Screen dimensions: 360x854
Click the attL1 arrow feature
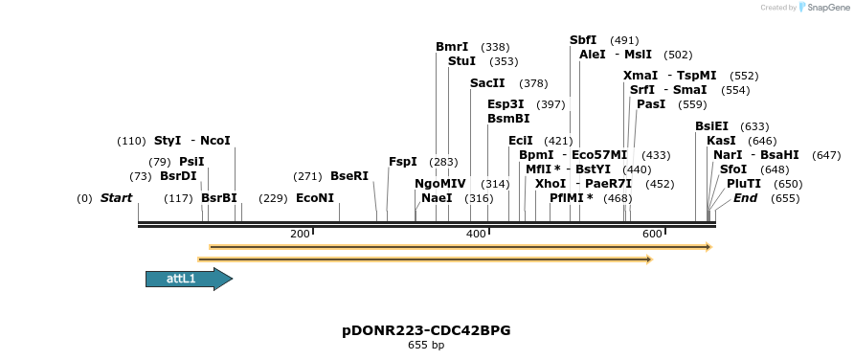pos(188,279)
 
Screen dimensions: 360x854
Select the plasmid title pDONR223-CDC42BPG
pos(426,330)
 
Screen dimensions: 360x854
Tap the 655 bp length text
pos(426,345)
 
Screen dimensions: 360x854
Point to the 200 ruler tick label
pos(300,235)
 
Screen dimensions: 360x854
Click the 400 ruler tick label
pos(476,235)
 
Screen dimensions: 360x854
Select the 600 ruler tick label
pos(652,235)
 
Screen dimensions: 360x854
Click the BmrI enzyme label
pos(452,46)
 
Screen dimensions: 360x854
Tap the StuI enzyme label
pos(461,60)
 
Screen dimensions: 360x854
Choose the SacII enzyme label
pos(487,82)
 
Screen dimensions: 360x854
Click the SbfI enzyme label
pos(583,40)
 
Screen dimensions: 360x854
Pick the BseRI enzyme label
pos(348,176)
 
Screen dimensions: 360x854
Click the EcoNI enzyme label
pos(315,198)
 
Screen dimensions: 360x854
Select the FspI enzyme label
pos(402,162)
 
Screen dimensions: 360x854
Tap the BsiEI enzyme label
pos(711,125)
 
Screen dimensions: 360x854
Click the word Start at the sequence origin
pos(116,198)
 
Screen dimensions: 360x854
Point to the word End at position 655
pos(746,198)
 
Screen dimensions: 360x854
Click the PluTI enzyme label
pos(744,183)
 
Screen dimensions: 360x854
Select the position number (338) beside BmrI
pos(495,46)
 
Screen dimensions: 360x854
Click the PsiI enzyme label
pos(191,162)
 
